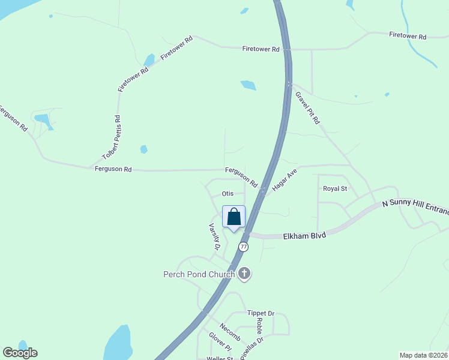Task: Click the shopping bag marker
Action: point(234,217)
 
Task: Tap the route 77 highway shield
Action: point(243,247)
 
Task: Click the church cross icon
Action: point(244,274)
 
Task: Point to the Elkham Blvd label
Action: point(304,236)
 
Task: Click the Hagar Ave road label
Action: point(285,179)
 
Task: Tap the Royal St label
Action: point(335,188)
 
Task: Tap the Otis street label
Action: point(227,194)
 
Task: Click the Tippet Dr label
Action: point(261,314)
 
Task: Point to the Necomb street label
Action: point(230,329)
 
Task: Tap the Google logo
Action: point(20,353)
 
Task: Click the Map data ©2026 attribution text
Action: point(423,355)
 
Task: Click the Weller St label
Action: point(219,358)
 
